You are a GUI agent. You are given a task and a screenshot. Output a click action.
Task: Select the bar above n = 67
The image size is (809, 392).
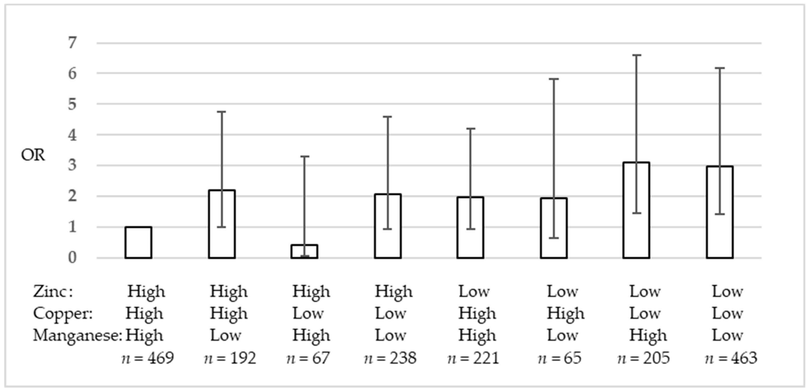coord(304,252)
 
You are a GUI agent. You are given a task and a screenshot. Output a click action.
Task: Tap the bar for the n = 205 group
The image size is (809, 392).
coord(636,210)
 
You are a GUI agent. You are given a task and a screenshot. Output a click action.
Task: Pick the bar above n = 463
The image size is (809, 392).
coord(720,212)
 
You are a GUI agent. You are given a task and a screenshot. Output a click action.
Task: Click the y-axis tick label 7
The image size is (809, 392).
coord(73,43)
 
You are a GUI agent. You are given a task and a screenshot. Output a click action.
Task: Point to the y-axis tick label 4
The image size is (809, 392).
coord(73,135)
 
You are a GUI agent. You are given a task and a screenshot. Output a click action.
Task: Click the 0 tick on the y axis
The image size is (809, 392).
coord(73,258)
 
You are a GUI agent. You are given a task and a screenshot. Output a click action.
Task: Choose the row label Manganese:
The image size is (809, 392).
coord(77,335)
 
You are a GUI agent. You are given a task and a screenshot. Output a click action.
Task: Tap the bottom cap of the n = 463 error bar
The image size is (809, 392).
coord(720,214)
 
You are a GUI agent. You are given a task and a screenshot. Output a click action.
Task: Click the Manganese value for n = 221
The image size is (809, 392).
coord(477,335)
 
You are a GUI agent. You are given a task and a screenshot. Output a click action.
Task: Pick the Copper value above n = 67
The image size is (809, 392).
coord(308,313)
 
